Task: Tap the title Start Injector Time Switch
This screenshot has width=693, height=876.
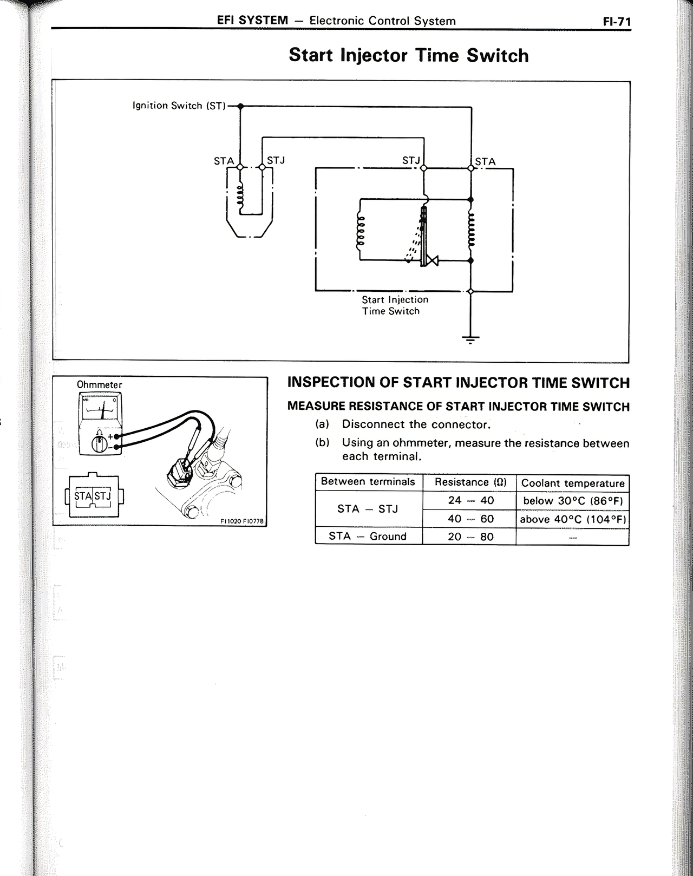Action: (408, 55)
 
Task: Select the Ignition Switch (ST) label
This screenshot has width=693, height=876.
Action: (179, 106)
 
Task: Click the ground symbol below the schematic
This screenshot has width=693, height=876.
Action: (470, 339)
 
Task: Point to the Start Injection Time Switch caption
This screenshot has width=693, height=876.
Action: (395, 305)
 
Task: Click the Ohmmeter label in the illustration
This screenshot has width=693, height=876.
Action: (100, 384)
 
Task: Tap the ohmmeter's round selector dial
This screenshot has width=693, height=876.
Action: (99, 444)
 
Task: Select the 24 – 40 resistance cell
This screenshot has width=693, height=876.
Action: (470, 500)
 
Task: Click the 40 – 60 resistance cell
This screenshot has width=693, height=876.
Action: (470, 519)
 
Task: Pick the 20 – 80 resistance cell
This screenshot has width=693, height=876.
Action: (470, 537)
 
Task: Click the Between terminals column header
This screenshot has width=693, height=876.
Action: (368, 482)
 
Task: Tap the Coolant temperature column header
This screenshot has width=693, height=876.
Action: (572, 483)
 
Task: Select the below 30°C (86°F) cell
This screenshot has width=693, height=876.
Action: (572, 501)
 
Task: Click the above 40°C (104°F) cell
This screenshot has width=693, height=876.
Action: (572, 519)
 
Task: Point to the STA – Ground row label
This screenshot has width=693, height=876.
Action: (368, 536)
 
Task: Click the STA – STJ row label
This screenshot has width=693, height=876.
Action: (368, 509)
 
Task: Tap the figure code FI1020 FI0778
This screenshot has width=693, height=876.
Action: (241, 521)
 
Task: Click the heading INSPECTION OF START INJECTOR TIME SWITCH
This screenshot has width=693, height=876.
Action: (458, 383)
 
